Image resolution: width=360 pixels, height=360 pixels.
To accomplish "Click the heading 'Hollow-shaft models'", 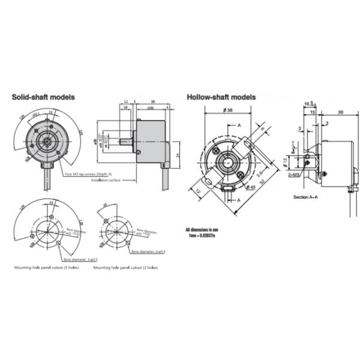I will [221, 97].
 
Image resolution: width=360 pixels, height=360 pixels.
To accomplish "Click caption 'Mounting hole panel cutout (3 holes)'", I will [45, 268].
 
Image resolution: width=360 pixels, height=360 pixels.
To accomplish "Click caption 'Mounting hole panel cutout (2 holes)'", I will [125, 268].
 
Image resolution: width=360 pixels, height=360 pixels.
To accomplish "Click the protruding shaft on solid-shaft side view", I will [127, 143].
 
